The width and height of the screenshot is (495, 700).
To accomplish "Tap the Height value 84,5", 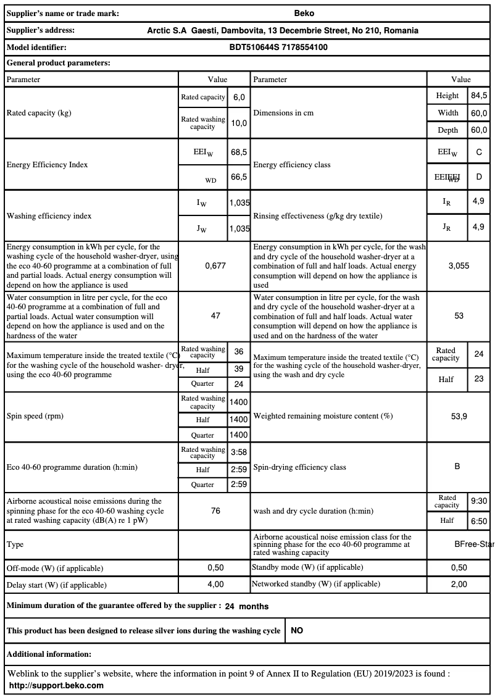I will pyautogui.click(x=479, y=96).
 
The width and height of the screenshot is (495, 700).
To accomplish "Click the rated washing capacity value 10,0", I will pyautogui.click(x=238, y=123).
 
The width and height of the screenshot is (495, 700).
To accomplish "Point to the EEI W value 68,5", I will pyautogui.click(x=238, y=152).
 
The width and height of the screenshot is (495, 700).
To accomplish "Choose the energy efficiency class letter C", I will pyautogui.click(x=479, y=152).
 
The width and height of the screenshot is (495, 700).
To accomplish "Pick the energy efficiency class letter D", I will pyautogui.click(x=479, y=177).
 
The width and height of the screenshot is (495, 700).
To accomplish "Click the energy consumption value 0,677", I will pyautogui.click(x=215, y=265).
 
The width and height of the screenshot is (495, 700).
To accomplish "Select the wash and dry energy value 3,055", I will pyautogui.click(x=459, y=265).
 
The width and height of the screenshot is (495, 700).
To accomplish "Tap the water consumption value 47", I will pyautogui.click(x=215, y=315).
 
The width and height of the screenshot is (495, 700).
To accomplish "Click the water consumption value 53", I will pyautogui.click(x=459, y=315).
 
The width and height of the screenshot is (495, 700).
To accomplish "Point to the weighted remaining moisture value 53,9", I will pyautogui.click(x=459, y=416).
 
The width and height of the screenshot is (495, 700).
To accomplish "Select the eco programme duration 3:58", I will pyautogui.click(x=238, y=452).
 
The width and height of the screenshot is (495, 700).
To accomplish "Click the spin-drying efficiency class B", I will pyautogui.click(x=457, y=467).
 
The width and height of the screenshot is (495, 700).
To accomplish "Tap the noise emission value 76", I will pyautogui.click(x=215, y=511).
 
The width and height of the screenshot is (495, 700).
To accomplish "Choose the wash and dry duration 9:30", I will pyautogui.click(x=479, y=502).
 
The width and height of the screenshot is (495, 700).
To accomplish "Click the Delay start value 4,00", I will pyautogui.click(x=215, y=584).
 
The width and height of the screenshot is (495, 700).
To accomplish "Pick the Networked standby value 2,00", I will pyautogui.click(x=459, y=584).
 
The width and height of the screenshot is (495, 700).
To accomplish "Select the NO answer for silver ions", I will pyautogui.click(x=297, y=631).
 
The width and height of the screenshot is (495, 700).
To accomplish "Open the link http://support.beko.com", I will pyautogui.click(x=56, y=685).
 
